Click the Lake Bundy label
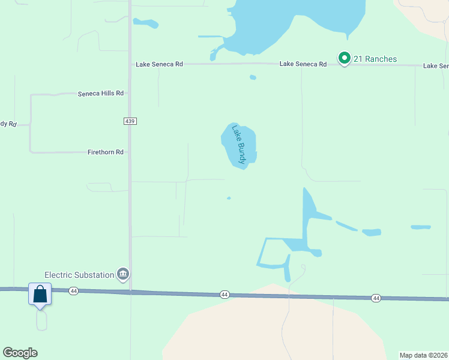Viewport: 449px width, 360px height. point(239,145)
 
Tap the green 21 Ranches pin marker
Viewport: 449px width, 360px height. point(344,58)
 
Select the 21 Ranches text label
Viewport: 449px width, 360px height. point(375,59)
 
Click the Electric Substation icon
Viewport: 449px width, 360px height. point(123,274)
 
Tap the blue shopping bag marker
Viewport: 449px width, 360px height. point(40,295)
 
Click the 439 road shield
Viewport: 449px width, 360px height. point(130,121)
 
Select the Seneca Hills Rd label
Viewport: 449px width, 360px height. point(101,94)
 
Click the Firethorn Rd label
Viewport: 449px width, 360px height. point(105,152)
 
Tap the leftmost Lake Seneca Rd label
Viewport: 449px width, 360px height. point(159,64)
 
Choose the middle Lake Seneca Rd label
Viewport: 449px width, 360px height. point(303,64)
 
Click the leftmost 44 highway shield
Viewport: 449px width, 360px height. point(73,291)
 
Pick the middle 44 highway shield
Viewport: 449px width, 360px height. point(224,295)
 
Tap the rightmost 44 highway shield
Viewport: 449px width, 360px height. point(376,298)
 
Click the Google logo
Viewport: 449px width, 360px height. point(20,353)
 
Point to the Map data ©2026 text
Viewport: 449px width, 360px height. point(423,355)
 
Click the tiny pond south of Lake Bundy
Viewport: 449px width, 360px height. point(229,198)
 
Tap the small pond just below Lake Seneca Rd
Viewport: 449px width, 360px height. point(253,77)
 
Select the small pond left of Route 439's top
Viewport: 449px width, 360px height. point(146,24)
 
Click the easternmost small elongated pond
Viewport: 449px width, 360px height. point(420,227)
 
